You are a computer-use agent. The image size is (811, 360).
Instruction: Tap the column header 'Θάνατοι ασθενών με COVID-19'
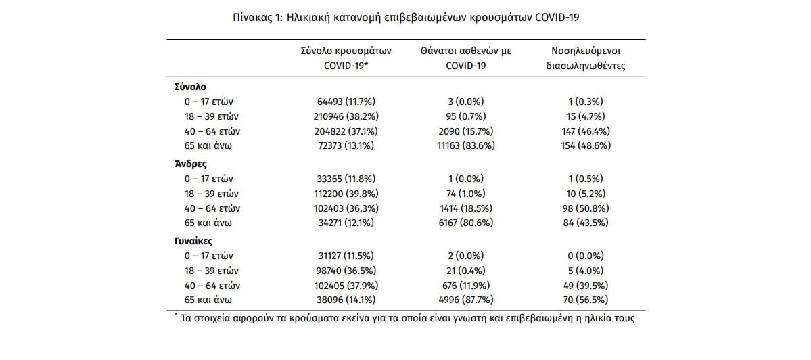pyautogui.click(x=467, y=59)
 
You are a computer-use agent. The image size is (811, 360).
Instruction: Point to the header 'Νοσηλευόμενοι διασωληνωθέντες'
pyautogui.click(x=586, y=59)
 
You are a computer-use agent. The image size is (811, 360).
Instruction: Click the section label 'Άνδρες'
pyautogui.click(x=190, y=164)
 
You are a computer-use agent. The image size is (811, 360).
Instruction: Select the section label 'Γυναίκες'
pyautogui.click(x=195, y=241)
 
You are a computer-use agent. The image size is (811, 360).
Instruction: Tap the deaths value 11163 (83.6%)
pyautogui.click(x=467, y=145)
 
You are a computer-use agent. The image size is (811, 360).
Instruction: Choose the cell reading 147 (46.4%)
pyautogui.click(x=586, y=131)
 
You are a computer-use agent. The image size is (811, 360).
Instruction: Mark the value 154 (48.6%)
pyautogui.click(x=586, y=145)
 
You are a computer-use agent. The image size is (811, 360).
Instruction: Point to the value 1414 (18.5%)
pyautogui.click(x=467, y=208)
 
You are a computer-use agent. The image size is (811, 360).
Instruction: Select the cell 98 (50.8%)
pyautogui.click(x=586, y=208)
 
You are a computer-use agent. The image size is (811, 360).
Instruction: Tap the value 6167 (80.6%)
pyautogui.click(x=467, y=223)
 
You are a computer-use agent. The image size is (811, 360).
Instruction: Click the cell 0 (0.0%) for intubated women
pyautogui.click(x=586, y=256)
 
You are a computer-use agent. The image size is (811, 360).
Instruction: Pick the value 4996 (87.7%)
pyautogui.click(x=467, y=300)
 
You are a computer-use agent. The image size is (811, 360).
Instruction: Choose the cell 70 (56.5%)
pyautogui.click(x=586, y=300)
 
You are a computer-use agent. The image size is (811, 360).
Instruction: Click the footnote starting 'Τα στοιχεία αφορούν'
pyautogui.click(x=406, y=318)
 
